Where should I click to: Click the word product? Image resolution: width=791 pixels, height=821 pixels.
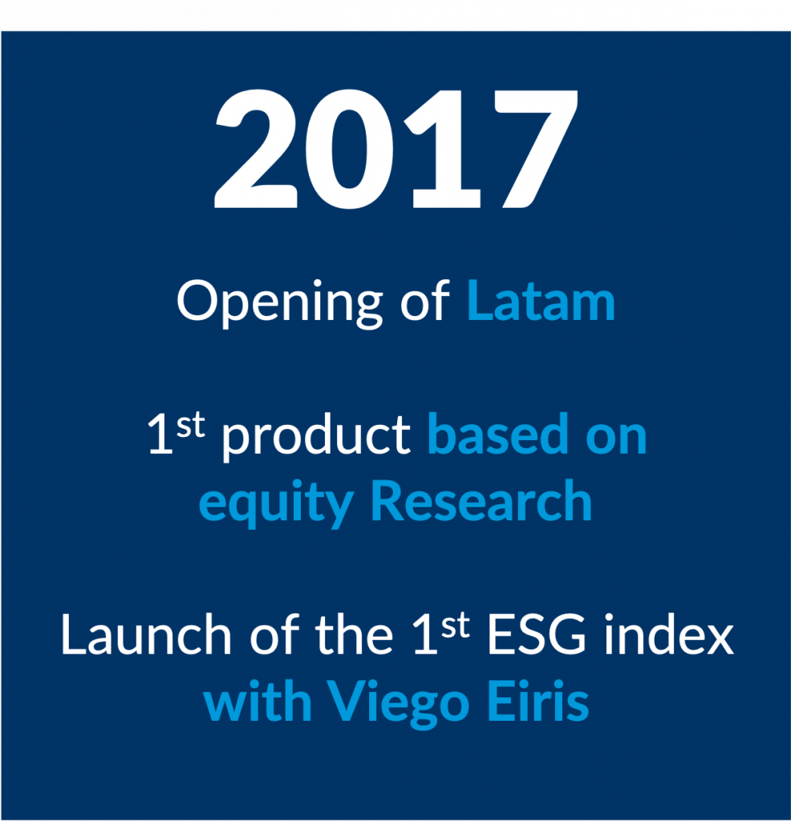click(316, 438)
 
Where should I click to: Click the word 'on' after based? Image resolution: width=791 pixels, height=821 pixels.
click(616, 439)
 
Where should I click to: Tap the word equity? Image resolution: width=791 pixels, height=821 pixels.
click(276, 504)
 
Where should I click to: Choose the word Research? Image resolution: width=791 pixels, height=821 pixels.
click(481, 500)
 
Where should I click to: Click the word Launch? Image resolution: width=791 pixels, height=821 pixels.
click(146, 634)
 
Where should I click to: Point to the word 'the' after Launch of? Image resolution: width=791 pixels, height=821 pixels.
click(354, 633)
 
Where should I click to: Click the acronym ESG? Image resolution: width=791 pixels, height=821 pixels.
click(537, 634)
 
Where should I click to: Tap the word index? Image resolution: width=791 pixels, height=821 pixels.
click(669, 633)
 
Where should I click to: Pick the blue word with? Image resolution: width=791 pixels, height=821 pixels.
click(258, 700)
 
